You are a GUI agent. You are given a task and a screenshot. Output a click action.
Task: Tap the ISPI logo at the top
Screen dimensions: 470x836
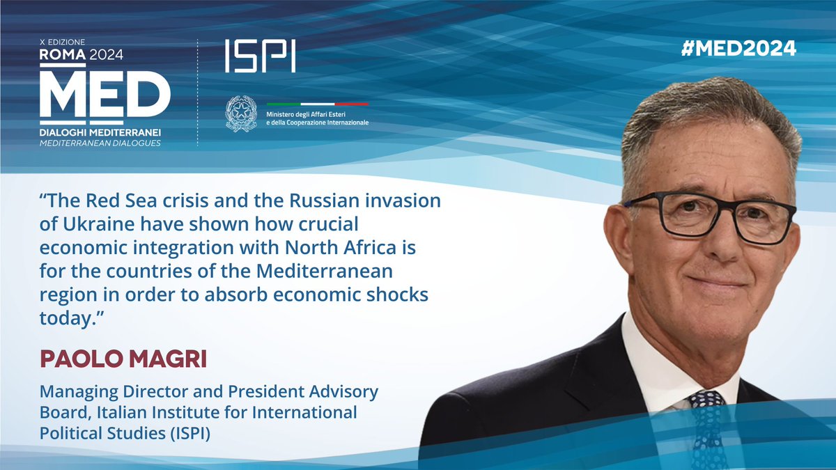[x=260, y=55]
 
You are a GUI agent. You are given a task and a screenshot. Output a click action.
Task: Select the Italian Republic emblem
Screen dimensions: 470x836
[x=241, y=113]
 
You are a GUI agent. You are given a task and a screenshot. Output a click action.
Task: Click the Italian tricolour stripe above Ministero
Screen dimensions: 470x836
[x=317, y=104]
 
